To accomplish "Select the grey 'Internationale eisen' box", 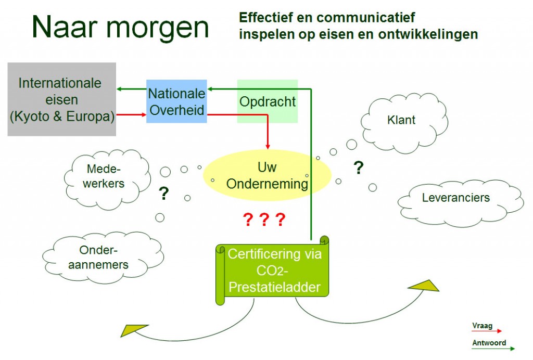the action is (62, 99).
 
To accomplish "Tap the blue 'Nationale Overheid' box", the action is (176, 101).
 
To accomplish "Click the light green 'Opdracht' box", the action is (267, 101).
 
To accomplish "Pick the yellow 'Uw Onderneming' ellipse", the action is (267, 175).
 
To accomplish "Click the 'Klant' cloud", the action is (404, 123).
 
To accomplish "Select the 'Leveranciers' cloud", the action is (461, 203).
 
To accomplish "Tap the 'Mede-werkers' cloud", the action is (107, 179).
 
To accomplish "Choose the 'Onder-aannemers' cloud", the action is (103, 258).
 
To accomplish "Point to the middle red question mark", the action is (264, 220).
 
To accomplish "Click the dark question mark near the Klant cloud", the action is (358, 168).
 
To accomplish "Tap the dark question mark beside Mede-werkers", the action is (163, 194).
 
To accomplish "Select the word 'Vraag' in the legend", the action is (482, 326).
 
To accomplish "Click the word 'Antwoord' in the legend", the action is (489, 343).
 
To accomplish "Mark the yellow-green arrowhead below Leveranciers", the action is (425, 286).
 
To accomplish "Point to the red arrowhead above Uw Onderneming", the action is (268, 146).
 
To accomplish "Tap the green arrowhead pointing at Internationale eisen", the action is (119, 89).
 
